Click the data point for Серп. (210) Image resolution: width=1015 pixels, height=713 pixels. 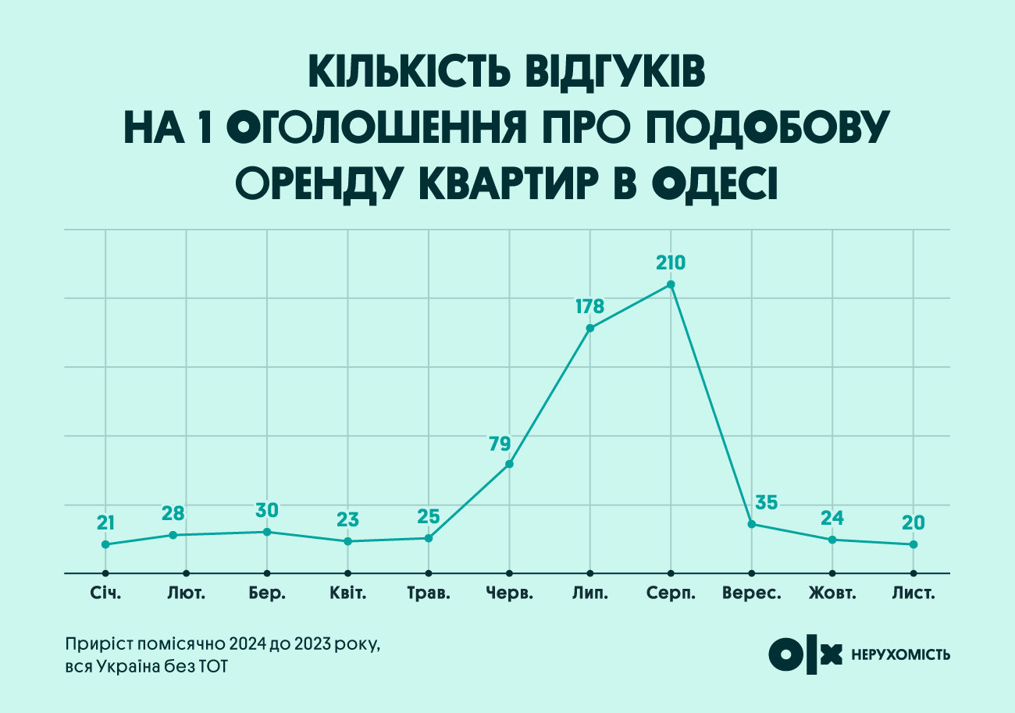[x=671, y=284]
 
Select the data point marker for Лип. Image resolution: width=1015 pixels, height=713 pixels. [x=590, y=328]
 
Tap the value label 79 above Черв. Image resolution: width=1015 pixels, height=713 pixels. [x=500, y=444]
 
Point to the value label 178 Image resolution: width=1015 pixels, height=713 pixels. [x=589, y=306]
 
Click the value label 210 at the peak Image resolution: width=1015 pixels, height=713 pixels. [x=671, y=262]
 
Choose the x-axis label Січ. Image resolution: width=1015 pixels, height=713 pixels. [x=105, y=594]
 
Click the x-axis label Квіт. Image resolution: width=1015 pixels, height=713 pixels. [x=348, y=594]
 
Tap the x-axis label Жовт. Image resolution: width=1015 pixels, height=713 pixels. [x=832, y=594]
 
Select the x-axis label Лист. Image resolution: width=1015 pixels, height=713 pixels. [x=913, y=594]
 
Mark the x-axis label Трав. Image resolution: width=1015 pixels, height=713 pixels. [x=429, y=594]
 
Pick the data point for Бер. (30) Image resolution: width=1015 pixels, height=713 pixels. [x=267, y=532]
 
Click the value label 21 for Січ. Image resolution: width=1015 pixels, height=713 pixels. [x=106, y=522]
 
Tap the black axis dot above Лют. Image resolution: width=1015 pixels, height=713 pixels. [x=187, y=572]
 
